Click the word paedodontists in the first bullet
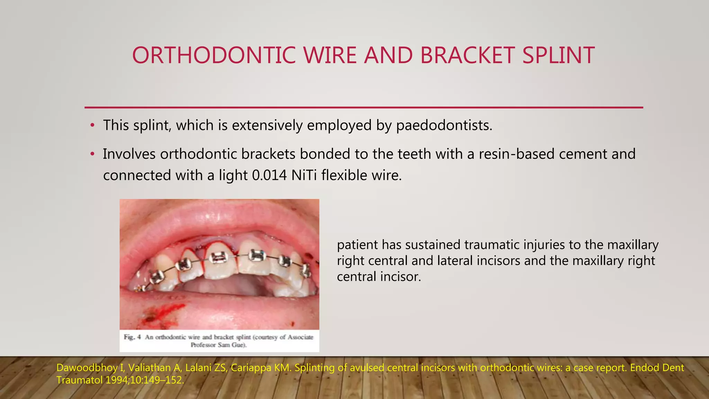pos(443,125)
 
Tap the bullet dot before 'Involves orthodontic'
pos(92,154)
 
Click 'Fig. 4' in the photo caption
pos(133,337)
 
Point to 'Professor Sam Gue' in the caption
pos(218,345)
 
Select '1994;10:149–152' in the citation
pos(144,380)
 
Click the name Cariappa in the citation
pos(251,368)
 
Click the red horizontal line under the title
pos(364,107)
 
